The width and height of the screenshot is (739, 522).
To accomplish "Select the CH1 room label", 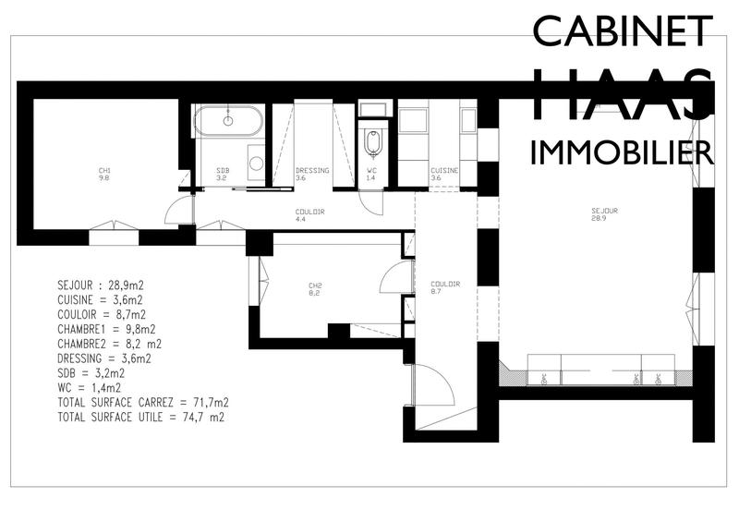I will (105, 174).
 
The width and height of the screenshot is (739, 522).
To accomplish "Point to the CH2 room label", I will (313, 288).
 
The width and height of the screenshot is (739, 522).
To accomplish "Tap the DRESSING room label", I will (306, 174).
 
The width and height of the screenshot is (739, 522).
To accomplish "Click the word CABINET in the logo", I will (623, 31).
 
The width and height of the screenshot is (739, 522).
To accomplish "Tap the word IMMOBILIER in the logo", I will (622, 152).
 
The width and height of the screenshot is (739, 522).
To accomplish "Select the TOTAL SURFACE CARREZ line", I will (142, 403).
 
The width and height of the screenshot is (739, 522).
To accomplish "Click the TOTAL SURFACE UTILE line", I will (140, 418).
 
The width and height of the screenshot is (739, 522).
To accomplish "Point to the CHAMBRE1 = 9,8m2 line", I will (106, 329).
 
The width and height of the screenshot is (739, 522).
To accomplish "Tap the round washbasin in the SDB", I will (256, 163).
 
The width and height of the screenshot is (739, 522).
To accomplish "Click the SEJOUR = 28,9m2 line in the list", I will (100, 285).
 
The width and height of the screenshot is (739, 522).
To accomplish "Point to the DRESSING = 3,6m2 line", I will (103, 358).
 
